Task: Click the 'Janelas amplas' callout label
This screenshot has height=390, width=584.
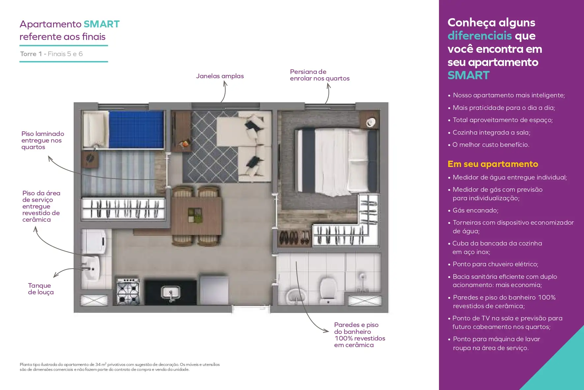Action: (x=220, y=76)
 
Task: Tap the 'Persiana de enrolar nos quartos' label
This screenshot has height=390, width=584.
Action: (x=320, y=75)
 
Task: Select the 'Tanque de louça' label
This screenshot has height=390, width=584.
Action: (x=41, y=289)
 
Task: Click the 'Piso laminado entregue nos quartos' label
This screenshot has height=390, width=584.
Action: (x=43, y=141)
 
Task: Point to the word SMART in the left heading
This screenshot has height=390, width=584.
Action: (x=102, y=24)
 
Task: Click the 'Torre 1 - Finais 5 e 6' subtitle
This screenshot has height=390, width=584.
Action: (x=51, y=54)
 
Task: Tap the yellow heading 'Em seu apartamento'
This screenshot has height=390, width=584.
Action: (x=493, y=164)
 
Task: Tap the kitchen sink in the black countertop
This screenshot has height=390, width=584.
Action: (x=170, y=293)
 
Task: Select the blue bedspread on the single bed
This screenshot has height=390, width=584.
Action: (x=136, y=129)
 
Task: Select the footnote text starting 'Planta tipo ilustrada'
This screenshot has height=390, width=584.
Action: (x=120, y=367)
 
